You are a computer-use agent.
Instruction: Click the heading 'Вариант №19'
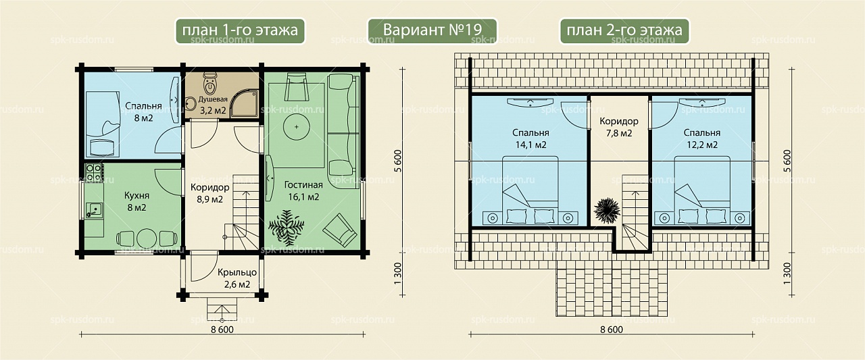432,30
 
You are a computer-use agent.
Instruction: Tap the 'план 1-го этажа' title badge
240,31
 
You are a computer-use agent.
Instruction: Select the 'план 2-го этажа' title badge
624,31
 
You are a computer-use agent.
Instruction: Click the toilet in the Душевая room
209,84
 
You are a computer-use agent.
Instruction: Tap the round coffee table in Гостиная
296,126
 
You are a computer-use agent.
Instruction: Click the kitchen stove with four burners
93,172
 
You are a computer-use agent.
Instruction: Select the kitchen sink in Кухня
94,210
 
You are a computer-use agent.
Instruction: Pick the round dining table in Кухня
147,238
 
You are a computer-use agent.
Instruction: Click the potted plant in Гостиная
286,228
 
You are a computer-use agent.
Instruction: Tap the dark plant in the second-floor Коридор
607,211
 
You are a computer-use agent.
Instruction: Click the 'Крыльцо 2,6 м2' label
237,278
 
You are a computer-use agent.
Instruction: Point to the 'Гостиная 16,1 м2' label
303,191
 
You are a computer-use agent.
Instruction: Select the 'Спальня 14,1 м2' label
530,139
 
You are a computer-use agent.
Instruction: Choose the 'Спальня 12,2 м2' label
701,139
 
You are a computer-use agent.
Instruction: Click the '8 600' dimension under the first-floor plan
222,330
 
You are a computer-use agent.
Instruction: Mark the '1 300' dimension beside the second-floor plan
787,274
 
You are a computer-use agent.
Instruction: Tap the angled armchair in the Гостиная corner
339,230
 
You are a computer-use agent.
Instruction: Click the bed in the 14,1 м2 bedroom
530,190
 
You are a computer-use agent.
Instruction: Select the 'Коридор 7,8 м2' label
618,128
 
